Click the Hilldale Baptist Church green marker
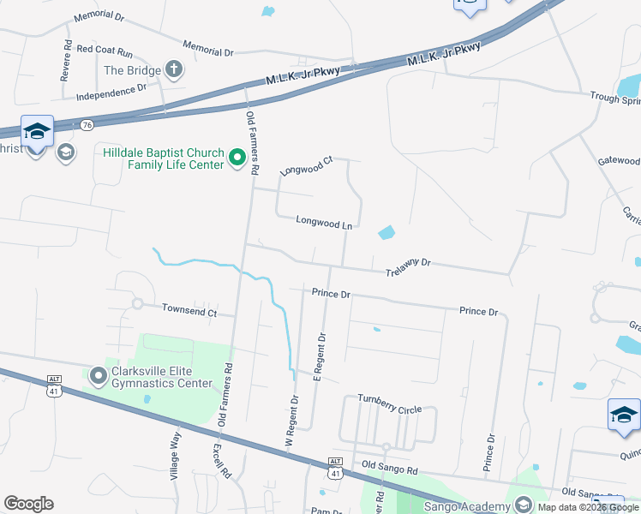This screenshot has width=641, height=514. [x=237, y=158]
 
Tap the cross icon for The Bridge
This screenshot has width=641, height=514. [x=175, y=70]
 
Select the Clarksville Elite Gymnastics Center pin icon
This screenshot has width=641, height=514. [x=98, y=376]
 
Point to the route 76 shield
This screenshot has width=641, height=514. [x=87, y=125]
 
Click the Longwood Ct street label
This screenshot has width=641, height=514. [x=307, y=166]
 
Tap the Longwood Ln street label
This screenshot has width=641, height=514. [x=325, y=222]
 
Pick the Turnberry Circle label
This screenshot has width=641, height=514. [x=390, y=409]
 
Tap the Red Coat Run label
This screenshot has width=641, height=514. [x=105, y=51]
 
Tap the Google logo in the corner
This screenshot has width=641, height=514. [x=28, y=504]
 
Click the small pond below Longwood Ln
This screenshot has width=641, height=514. [x=386, y=232]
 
